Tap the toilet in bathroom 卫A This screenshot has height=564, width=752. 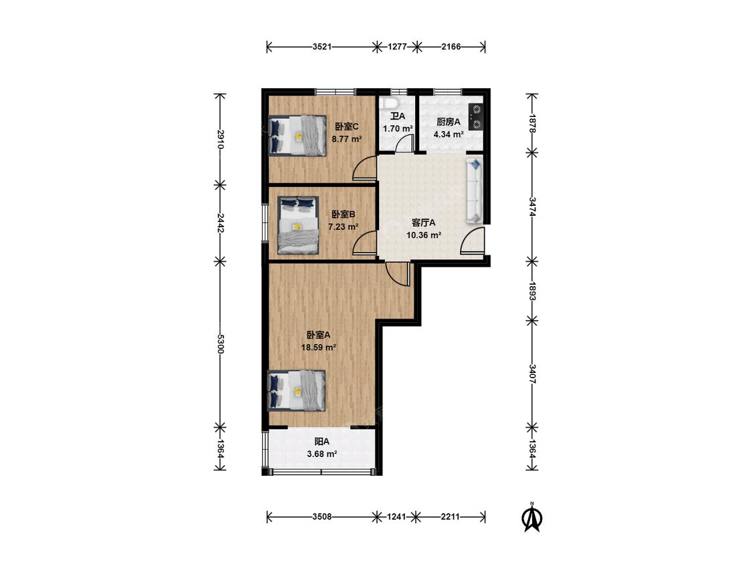[389, 103]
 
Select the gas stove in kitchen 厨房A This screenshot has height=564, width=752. [476, 118]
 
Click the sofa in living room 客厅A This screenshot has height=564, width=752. [475, 190]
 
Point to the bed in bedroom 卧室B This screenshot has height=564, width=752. [298, 225]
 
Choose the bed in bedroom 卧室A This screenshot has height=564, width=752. [297, 390]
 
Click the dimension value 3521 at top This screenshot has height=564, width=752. [322, 47]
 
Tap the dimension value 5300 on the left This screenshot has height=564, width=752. [220, 343]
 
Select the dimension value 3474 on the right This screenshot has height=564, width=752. [532, 206]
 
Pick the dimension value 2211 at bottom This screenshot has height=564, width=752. [450, 517]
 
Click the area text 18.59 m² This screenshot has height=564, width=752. [318, 347]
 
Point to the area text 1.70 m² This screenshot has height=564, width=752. [398, 128]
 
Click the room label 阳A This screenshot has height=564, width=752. [322, 442]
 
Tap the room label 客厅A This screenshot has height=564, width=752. [424, 223]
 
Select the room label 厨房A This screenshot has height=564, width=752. [449, 122]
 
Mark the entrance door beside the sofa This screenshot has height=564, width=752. [473, 241]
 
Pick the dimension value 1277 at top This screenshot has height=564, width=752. [397, 47]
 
